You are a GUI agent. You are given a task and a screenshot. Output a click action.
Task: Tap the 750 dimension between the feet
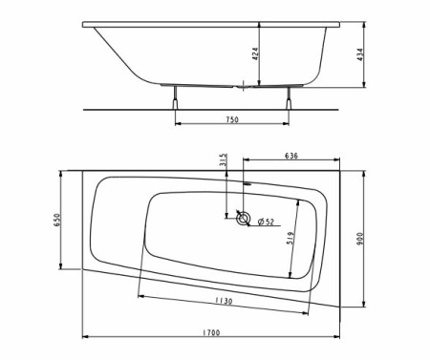pos(232,119)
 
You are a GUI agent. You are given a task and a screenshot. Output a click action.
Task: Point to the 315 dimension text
pos(223,159)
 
